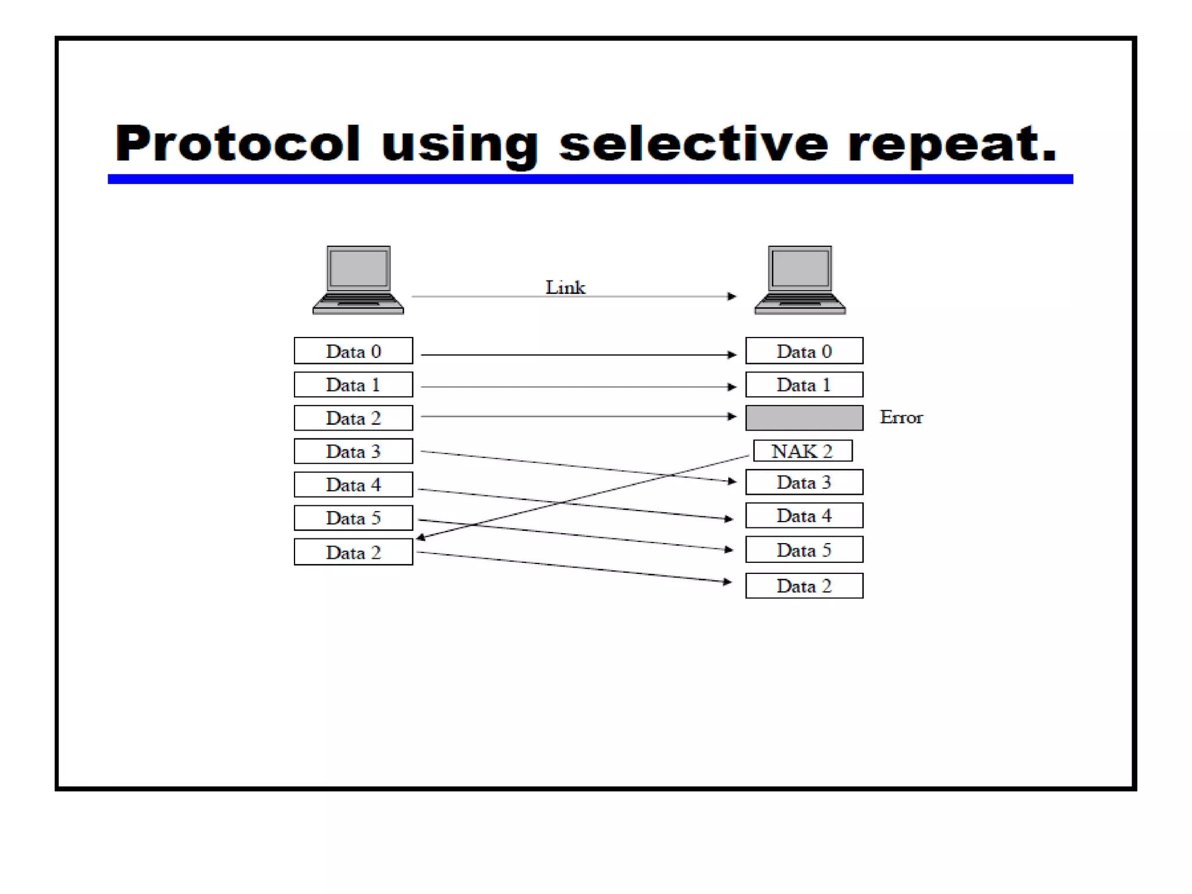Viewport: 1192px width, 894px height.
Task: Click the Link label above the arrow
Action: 565,287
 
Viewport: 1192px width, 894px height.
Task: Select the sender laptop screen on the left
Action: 358,268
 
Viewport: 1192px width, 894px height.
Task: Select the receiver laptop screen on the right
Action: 800,268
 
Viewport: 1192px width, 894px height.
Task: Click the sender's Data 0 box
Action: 353,351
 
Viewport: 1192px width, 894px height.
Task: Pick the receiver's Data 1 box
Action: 804,385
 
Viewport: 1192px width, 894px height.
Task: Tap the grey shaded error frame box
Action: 804,418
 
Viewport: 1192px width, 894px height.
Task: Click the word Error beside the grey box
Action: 900,417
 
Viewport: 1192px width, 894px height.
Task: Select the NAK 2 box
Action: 803,451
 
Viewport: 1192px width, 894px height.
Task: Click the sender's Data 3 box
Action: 353,451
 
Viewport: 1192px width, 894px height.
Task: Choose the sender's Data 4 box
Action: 353,484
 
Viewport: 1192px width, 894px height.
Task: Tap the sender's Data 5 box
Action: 353,518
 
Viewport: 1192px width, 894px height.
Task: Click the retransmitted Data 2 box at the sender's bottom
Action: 353,552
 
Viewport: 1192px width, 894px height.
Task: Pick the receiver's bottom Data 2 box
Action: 804,586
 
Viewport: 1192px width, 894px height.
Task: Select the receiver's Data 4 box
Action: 804,516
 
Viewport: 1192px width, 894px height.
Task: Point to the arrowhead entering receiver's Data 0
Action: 732,354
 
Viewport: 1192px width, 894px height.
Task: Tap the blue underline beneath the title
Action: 590,179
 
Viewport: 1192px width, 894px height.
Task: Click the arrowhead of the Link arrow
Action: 732,296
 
